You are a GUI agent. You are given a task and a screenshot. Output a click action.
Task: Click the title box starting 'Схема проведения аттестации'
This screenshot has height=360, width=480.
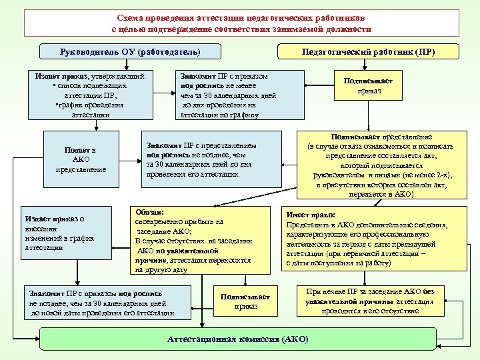pos(241,23)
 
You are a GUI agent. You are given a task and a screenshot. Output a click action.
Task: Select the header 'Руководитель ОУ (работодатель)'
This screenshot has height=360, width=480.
pos(130,51)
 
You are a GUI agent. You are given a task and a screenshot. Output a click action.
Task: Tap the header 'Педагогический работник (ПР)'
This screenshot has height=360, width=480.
pos(369,51)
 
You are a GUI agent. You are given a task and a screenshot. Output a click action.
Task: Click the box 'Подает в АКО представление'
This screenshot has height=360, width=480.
pos(80,160)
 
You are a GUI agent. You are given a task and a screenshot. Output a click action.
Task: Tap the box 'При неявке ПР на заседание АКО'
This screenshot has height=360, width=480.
pos(369,302)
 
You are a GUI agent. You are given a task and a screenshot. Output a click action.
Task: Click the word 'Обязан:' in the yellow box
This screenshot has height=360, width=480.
pos(149,211)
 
